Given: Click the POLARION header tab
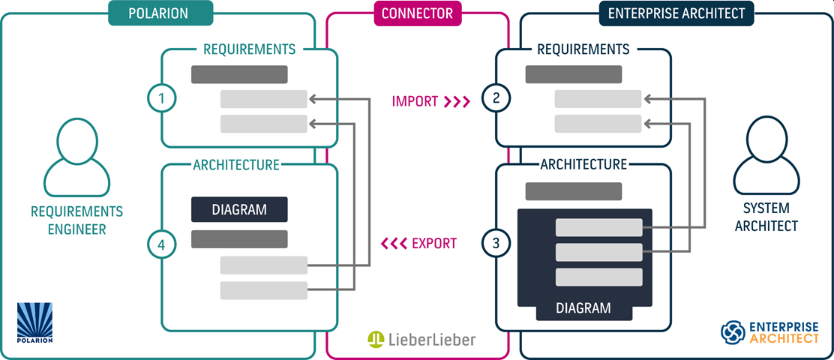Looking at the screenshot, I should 160,13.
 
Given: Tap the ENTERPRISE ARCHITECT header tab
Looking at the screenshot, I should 676,13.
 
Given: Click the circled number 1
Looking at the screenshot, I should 161,97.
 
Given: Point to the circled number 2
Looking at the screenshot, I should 495,97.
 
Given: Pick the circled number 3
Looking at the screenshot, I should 495,243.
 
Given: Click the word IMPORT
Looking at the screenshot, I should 414,100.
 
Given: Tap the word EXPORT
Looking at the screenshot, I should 434,243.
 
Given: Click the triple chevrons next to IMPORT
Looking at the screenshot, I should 456,100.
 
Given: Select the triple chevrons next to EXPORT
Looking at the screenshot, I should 393,243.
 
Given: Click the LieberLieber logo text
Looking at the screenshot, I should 431,340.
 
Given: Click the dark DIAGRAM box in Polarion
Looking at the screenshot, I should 239,209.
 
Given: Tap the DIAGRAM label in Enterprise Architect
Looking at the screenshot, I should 583,307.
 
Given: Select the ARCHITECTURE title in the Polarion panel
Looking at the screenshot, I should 235,164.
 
